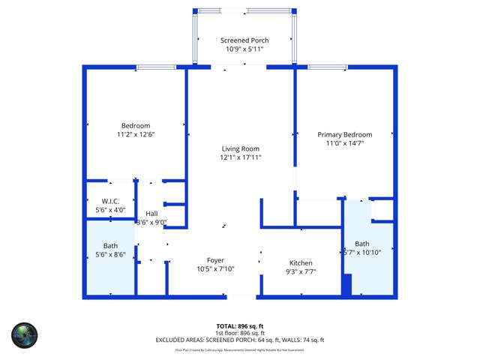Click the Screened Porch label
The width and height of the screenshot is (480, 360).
244,40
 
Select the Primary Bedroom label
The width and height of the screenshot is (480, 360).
344,133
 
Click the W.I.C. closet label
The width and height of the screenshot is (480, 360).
111,201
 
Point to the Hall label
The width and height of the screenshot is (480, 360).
151,214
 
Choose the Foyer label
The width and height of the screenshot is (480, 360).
216,260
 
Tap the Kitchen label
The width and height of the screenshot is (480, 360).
301,263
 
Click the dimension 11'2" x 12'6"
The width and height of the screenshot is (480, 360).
136,134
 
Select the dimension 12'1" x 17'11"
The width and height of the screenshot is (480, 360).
240,157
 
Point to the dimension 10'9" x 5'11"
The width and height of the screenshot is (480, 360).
244,49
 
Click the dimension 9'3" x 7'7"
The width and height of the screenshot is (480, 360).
301,272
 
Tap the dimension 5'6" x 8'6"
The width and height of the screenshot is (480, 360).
111,255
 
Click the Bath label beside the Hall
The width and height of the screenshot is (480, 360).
111,246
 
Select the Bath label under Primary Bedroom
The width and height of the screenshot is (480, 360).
362,244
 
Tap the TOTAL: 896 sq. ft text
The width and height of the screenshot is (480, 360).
239,326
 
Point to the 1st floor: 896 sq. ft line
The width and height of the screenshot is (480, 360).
239,333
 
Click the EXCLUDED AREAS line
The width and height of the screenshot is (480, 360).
239,340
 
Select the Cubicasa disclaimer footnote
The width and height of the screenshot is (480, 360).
239,349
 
